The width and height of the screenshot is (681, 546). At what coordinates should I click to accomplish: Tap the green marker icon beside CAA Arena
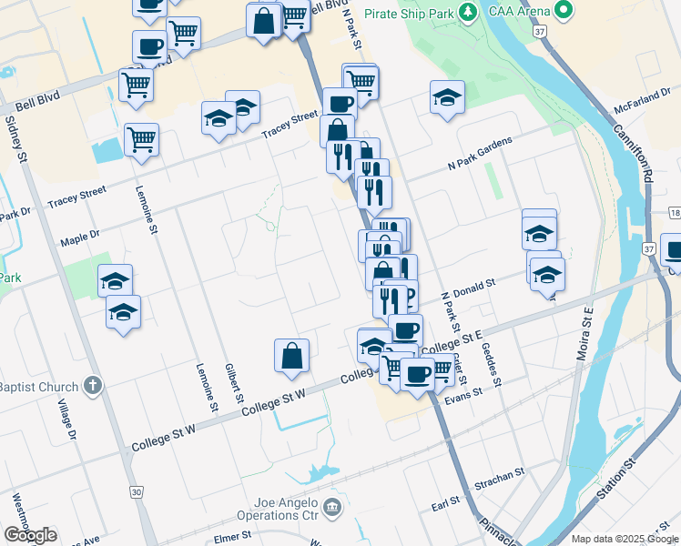click(563, 12)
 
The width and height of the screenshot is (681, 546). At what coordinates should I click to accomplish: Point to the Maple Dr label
click(80, 238)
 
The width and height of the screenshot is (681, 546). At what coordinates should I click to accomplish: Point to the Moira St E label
click(583, 333)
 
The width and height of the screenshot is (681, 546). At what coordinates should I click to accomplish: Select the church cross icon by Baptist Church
click(91, 386)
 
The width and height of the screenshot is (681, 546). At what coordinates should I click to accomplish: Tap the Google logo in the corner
click(29, 535)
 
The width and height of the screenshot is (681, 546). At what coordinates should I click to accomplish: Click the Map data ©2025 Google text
click(625, 539)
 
